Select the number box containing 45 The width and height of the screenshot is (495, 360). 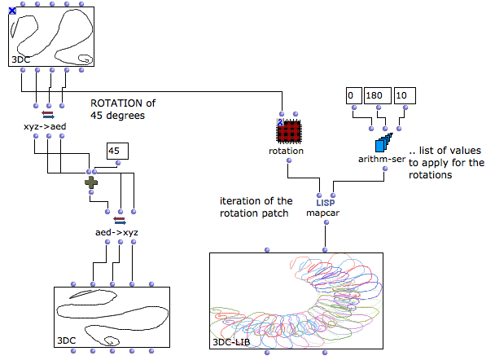click(x=118, y=151)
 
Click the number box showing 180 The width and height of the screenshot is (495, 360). click(x=378, y=94)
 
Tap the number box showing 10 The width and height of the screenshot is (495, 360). click(x=405, y=94)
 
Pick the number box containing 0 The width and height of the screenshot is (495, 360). click(x=353, y=94)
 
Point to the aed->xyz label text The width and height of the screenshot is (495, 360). click(x=118, y=232)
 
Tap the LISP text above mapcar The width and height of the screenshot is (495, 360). click(x=325, y=203)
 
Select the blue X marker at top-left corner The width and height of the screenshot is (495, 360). click(x=11, y=10)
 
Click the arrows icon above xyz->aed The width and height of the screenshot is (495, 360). click(x=47, y=116)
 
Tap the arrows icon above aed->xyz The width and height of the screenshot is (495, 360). click(x=119, y=220)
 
